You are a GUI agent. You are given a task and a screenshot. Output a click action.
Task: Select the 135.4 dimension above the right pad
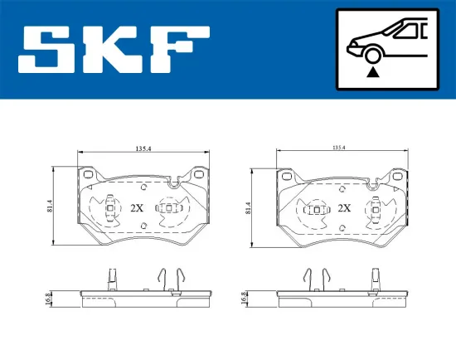pyautogui.click(x=338, y=148)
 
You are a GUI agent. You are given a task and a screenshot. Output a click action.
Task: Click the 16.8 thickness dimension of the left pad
pyautogui.click(x=48, y=298)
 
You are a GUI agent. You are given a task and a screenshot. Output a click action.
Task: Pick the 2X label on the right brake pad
pyautogui.click(x=343, y=208)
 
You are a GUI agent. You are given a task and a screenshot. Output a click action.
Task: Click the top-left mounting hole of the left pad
pyautogui.click(x=88, y=175)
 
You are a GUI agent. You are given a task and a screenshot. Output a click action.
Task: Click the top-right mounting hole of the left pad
pyautogui.click(x=200, y=175)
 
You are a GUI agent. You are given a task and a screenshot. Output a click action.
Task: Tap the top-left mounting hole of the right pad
pyautogui.click(x=288, y=175)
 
